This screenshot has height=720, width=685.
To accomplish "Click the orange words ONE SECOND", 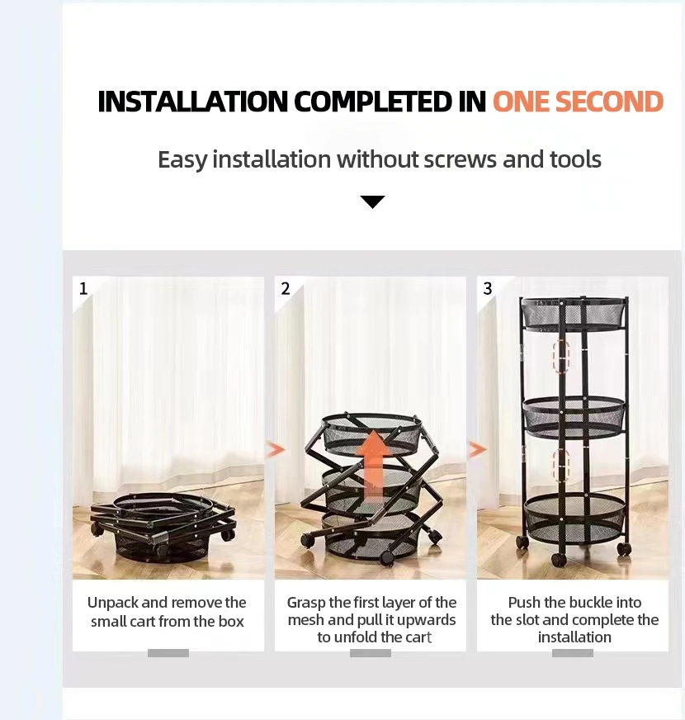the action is (578, 101).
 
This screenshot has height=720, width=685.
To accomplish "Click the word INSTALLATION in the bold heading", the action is (192, 101).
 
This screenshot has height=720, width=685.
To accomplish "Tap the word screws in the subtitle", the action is (460, 159).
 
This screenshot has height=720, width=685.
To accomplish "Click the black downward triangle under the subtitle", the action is (373, 202).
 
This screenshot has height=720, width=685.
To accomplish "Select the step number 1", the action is (83, 288).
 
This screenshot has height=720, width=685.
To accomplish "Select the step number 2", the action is (285, 288).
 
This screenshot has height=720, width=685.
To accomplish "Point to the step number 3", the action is (488, 288).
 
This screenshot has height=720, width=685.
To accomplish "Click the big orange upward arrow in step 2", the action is (374, 465).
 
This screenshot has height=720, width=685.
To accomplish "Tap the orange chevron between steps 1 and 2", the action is (276, 449).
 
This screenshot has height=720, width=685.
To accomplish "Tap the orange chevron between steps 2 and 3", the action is (478, 449).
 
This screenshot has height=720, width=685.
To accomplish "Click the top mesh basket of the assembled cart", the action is (574, 314).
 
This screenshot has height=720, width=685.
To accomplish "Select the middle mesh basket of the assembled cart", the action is (574, 416).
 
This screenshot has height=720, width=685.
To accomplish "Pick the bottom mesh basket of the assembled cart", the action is (574, 519).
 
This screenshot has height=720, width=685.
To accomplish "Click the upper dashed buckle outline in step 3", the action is (561, 357).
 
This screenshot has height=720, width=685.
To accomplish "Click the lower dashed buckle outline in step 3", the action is (561, 465).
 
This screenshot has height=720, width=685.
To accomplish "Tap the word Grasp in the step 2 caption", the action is (306, 603).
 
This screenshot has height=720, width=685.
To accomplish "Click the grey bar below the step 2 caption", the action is (371, 653).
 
